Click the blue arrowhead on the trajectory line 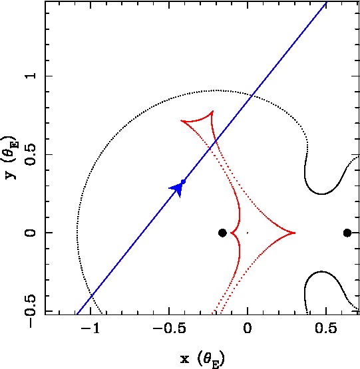click(177, 189)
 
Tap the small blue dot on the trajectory click(183, 182)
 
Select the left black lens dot click(222, 233)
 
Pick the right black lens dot click(347, 233)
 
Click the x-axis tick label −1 click(90, 328)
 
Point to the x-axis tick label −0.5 click(169, 328)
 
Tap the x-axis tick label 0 click(248, 328)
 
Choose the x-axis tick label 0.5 click(326, 328)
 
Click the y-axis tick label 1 click(31, 76)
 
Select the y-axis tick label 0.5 click(31, 154)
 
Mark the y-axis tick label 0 click(31, 233)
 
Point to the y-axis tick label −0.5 click(31, 310)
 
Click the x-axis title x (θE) click(202, 359)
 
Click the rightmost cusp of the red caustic click(295, 233)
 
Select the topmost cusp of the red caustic click(213, 111)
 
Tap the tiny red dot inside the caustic click(248, 233)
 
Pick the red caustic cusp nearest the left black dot click(231, 233)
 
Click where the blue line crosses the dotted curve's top click(252, 95)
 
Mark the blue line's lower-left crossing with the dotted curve click(92, 295)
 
